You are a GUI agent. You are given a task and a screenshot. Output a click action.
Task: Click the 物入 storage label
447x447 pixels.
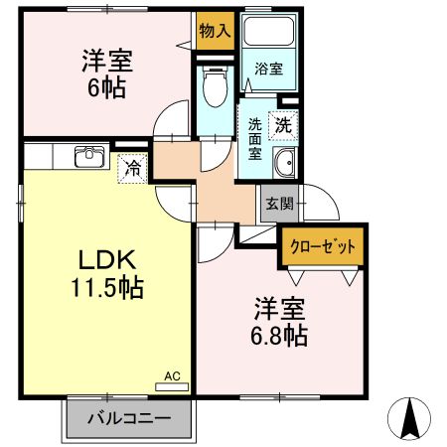pos(214,30)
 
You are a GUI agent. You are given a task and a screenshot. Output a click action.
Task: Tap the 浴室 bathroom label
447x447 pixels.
pos(269,71)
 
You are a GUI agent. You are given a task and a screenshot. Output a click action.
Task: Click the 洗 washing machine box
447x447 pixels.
pos(284,126)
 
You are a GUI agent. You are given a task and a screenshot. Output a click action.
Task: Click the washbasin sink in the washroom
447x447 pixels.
pos(284,166)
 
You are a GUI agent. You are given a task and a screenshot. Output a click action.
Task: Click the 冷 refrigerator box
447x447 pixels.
pos(132,168)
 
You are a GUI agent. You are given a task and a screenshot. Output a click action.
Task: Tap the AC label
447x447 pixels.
pos(172,377)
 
